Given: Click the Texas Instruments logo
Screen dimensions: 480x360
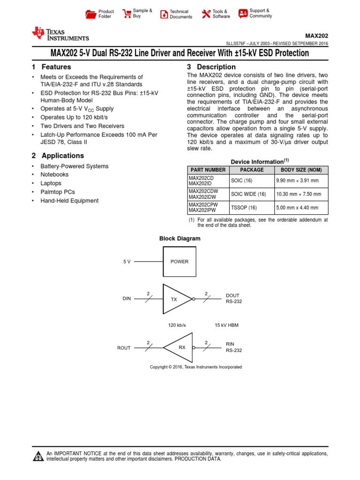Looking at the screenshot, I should pyautogui.click(x=60, y=34).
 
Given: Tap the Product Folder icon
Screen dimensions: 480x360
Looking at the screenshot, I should pyautogui.click(x=90, y=14).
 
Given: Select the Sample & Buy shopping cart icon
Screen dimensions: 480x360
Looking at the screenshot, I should pyautogui.click(x=127, y=14).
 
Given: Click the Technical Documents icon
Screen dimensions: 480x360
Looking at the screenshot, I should pyautogui.click(x=164, y=14).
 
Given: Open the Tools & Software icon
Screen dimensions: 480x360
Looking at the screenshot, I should pyautogui.click(x=206, y=14).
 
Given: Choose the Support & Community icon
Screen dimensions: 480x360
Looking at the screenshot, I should pyautogui.click(x=243, y=14).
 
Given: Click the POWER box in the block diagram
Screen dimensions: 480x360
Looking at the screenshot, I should pyautogui.click(x=179, y=262).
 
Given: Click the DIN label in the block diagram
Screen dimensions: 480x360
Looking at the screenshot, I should pyautogui.click(x=127, y=299).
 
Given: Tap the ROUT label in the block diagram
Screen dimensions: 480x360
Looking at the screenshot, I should pyautogui.click(x=124, y=348).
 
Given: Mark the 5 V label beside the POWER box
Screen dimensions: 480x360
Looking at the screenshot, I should pyautogui.click(x=127, y=262).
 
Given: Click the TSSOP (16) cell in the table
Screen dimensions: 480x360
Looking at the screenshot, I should pyautogui.click(x=243, y=207).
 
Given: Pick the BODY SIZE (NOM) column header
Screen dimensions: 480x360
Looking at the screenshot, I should pyautogui.click(x=301, y=170).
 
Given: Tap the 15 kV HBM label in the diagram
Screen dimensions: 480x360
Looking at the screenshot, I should pyautogui.click(x=226, y=324).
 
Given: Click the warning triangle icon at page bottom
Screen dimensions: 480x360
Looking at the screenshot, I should pyautogui.click(x=37, y=457).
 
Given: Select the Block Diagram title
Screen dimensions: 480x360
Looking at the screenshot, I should pyautogui.click(x=180, y=239).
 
